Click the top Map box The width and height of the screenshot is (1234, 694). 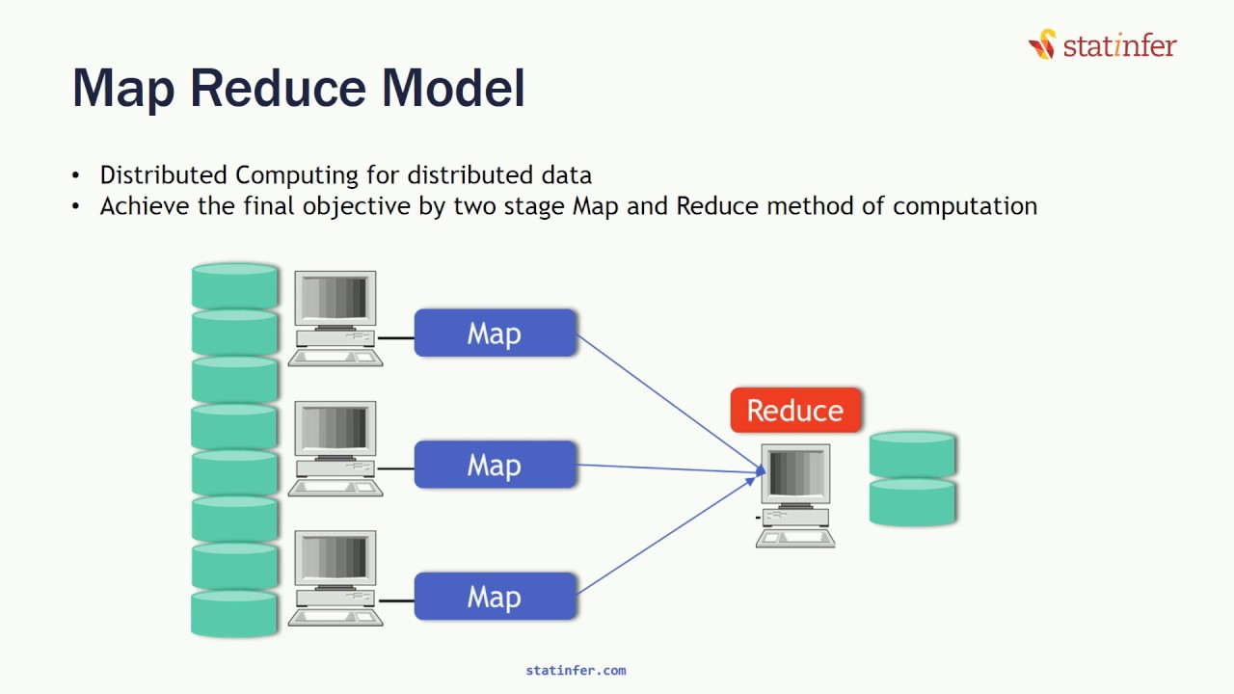496,334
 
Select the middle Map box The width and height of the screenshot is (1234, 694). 496,466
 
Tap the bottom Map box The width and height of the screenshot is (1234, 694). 496,598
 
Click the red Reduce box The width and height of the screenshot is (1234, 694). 795,411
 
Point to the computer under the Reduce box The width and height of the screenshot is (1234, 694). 795,494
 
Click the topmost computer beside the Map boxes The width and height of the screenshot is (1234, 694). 335,318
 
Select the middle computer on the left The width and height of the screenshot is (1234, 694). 335,449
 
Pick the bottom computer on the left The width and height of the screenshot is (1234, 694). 335,578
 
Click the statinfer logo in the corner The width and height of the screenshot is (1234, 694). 1103,44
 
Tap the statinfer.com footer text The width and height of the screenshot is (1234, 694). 576,671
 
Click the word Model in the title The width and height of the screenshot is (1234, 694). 453,88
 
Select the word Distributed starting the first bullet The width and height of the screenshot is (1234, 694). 165,175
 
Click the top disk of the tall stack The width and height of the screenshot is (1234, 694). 235,285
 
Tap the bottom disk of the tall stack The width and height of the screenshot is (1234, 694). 235,614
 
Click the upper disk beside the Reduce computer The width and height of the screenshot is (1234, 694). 912,454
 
